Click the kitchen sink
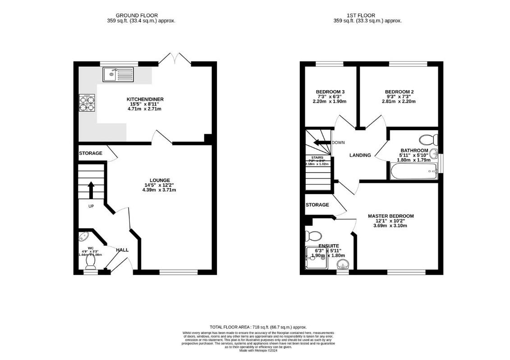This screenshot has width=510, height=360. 118,74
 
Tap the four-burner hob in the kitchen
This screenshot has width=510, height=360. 87,102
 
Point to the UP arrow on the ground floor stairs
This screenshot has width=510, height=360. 91,190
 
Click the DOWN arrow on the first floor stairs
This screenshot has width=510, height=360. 322,143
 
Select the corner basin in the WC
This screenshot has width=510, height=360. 84,236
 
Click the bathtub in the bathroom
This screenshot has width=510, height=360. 414,171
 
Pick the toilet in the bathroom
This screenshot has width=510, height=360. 426,139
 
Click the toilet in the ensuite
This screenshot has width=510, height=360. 313,236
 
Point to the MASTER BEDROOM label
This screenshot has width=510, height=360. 390,216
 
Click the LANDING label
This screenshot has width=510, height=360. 360,155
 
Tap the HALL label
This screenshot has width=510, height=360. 122,250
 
